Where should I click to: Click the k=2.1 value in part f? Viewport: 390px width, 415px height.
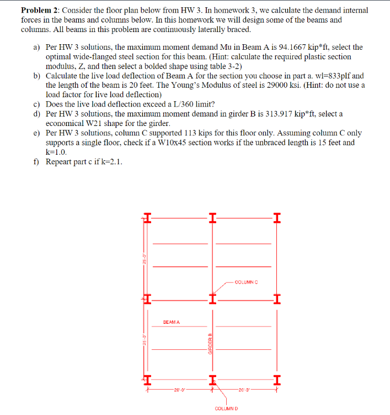click(x=111, y=161)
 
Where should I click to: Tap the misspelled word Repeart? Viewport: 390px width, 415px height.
click(x=60, y=161)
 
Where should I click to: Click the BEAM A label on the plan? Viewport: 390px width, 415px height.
click(x=172, y=322)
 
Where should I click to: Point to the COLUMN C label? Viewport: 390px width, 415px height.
click(x=247, y=283)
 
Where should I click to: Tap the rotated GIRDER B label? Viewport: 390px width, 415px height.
click(x=210, y=345)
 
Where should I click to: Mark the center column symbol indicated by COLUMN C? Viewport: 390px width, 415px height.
click(x=211, y=300)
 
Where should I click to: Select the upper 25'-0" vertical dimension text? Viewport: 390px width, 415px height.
click(x=144, y=259)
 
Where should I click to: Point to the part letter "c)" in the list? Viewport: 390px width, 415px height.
click(x=37, y=104)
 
